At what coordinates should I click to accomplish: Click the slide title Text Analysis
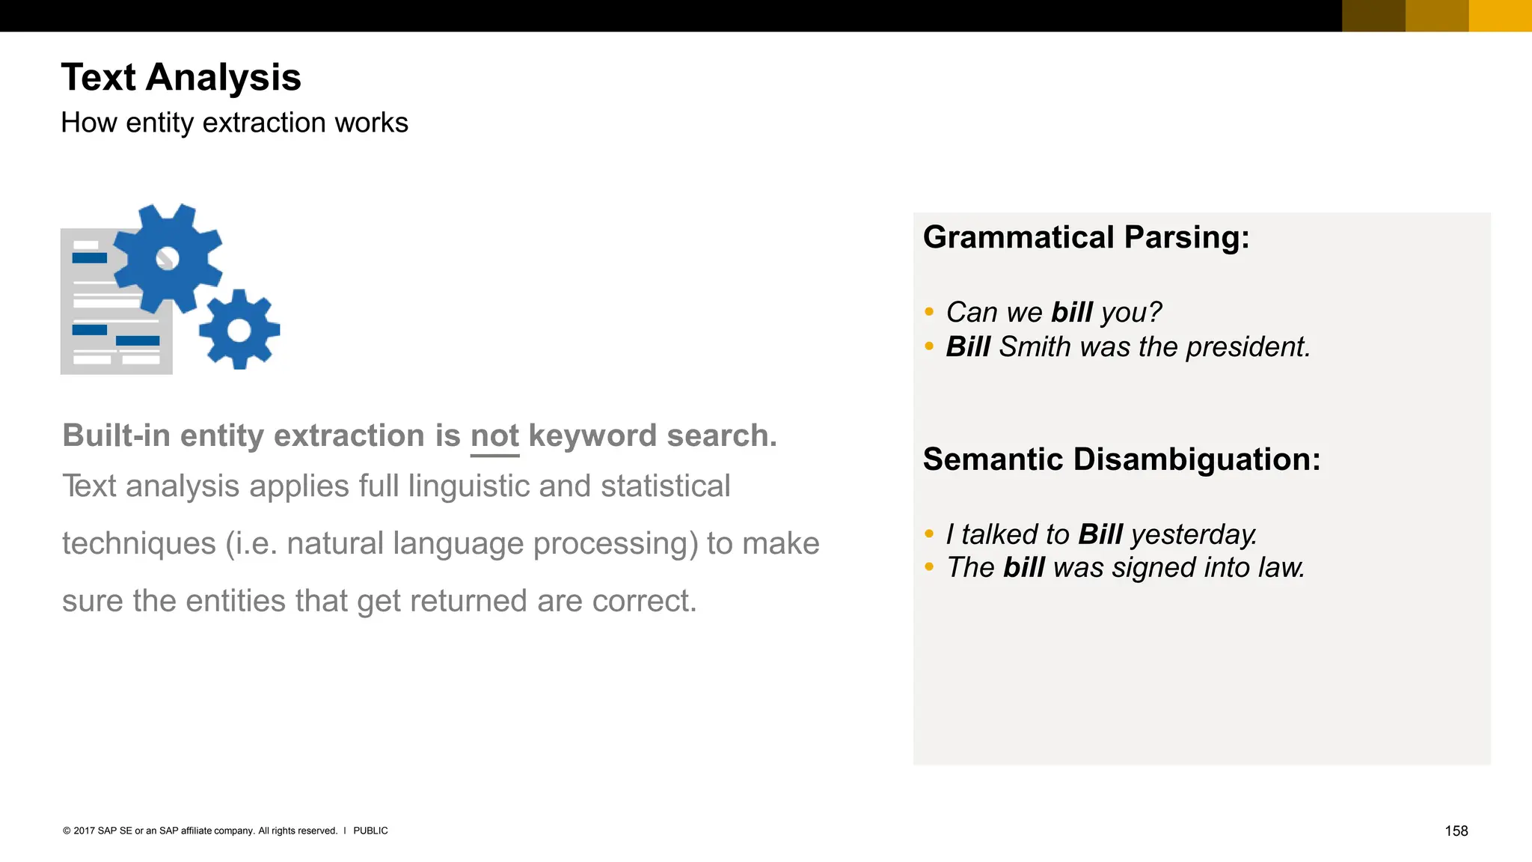click(x=180, y=77)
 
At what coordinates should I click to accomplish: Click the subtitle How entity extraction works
click(x=234, y=123)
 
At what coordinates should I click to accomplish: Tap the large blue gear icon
click(x=168, y=258)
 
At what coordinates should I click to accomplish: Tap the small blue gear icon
click(x=239, y=329)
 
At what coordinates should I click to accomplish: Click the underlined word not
click(x=494, y=435)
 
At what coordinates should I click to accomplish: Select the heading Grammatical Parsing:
click(x=1086, y=237)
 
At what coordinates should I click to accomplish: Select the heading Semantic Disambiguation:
click(x=1121, y=459)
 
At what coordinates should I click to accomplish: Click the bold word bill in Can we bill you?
click(x=1071, y=312)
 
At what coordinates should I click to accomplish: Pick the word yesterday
click(x=1193, y=534)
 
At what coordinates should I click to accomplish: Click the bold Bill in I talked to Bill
click(x=1100, y=534)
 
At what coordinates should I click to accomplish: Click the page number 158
click(x=1456, y=831)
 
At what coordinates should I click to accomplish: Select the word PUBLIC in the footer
click(x=370, y=831)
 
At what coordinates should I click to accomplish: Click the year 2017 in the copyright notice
click(x=84, y=831)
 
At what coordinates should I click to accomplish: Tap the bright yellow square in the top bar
click(x=1500, y=16)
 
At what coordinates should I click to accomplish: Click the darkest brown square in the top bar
click(x=1373, y=16)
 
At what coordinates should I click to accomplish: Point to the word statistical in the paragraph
click(x=665, y=486)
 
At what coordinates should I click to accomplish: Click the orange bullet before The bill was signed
click(x=929, y=567)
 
